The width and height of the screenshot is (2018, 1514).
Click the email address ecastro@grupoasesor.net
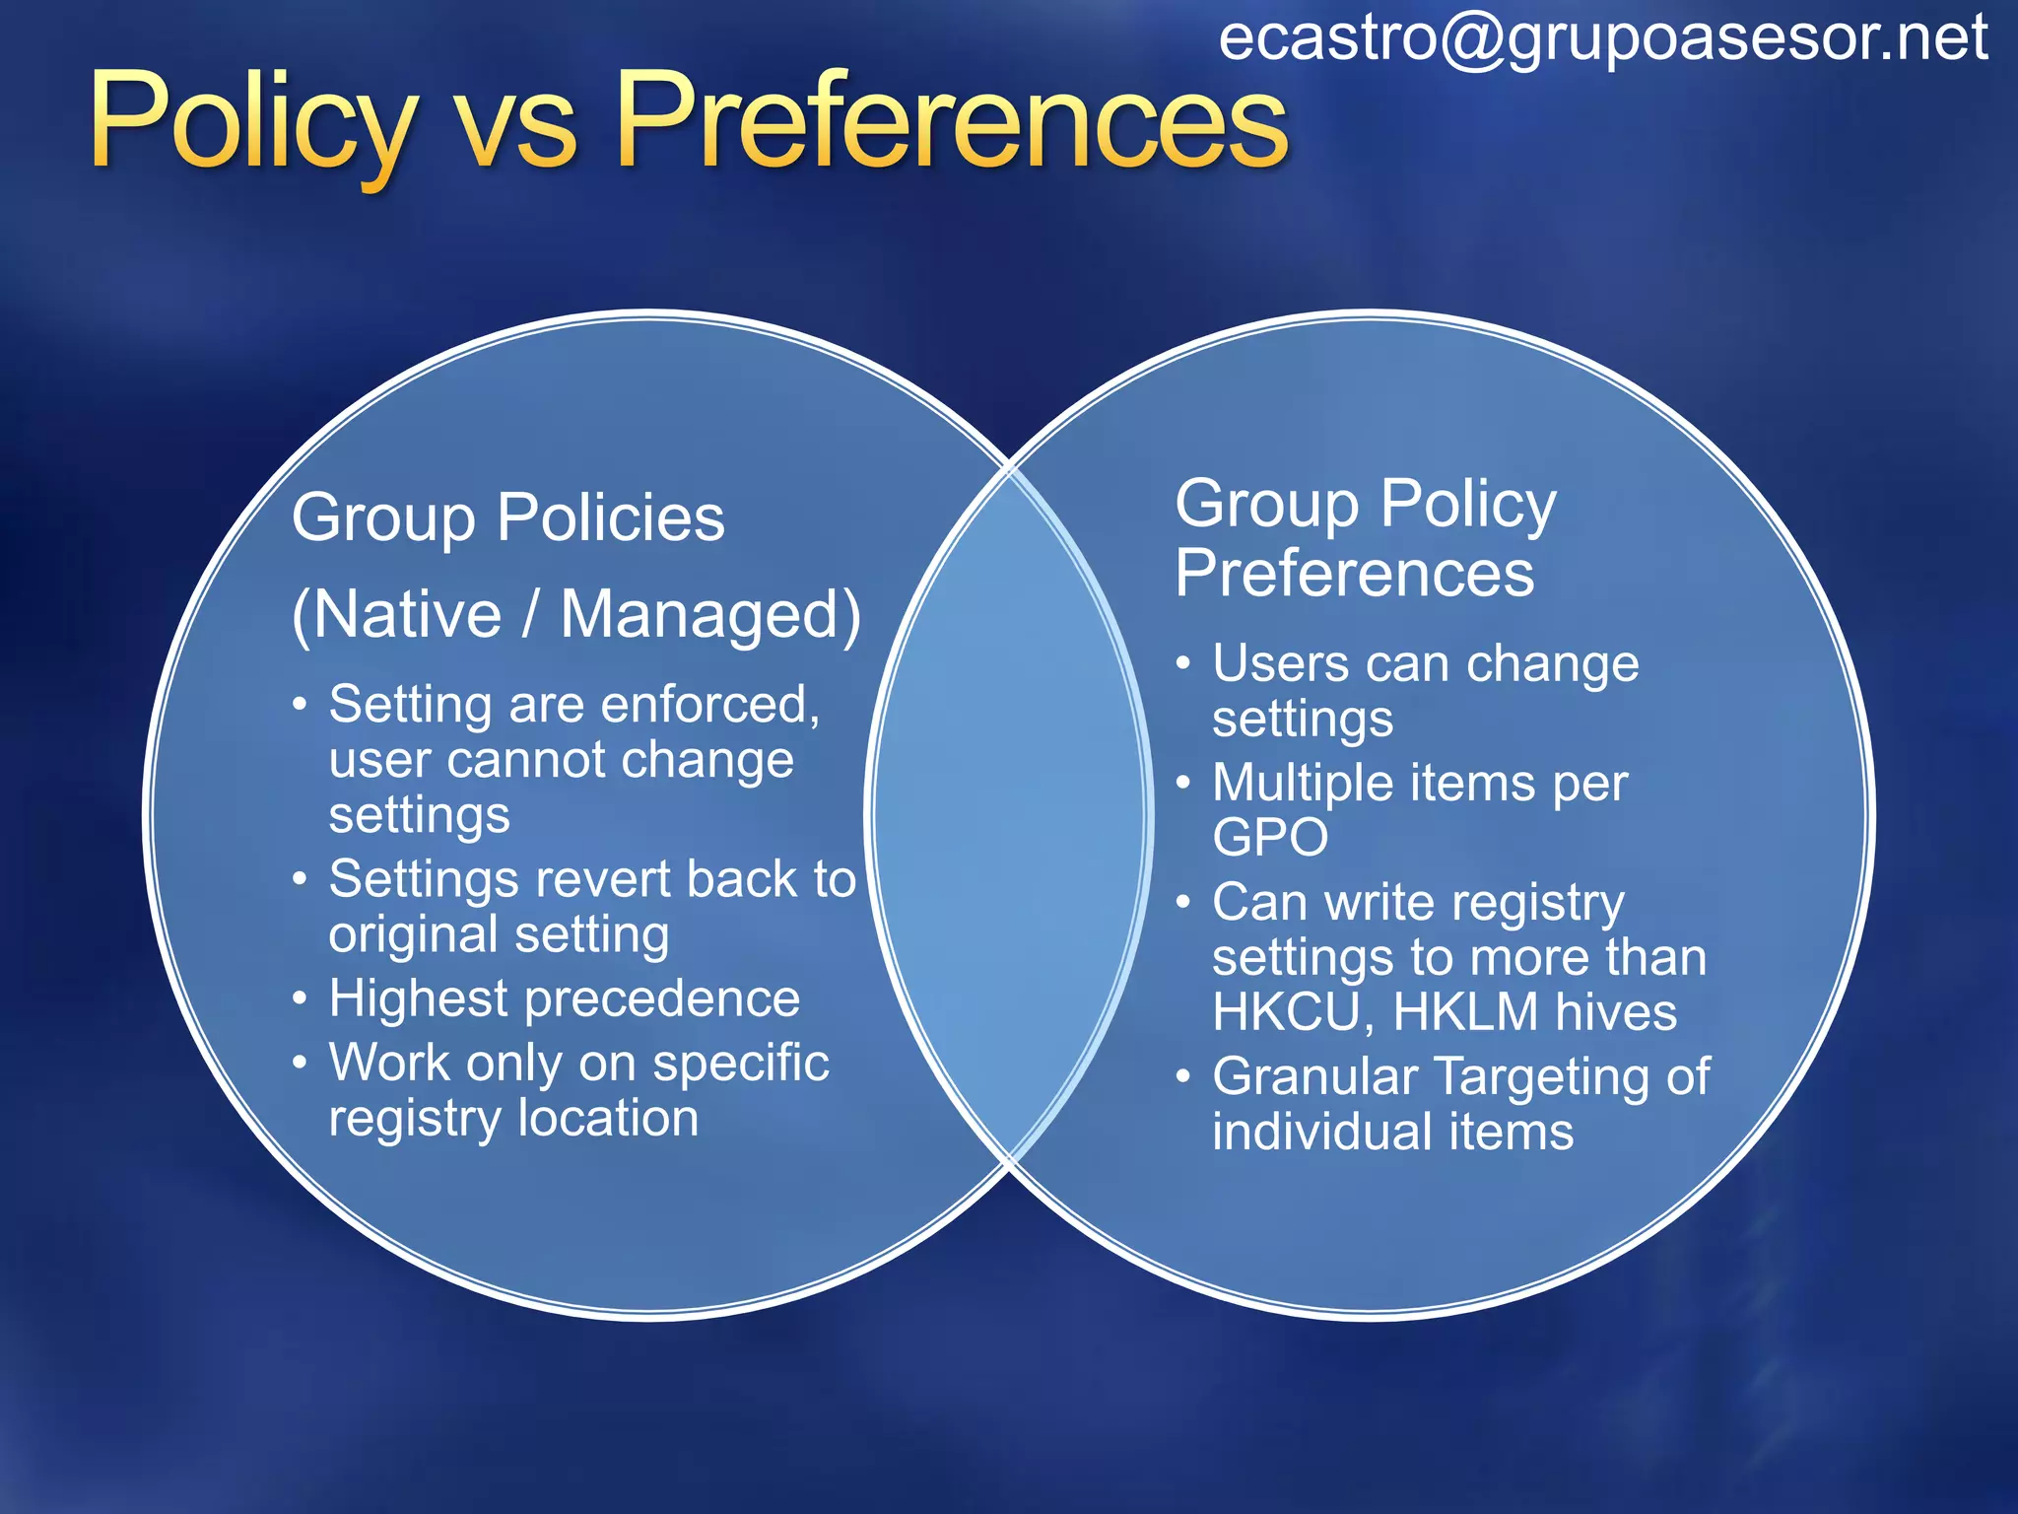1602,39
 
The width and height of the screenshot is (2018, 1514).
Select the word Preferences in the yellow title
952,122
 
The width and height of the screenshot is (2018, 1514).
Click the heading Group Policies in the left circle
507,517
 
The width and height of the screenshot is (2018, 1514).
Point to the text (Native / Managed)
576,615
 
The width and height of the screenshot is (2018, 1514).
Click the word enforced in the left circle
709,705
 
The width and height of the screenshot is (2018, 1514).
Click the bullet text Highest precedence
564,998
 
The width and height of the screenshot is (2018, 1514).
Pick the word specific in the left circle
741,1064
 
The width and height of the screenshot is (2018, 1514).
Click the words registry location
513,1119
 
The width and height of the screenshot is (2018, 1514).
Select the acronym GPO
1270,838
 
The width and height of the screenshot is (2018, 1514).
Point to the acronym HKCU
1286,1012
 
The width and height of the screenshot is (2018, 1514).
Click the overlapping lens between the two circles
1009,814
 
